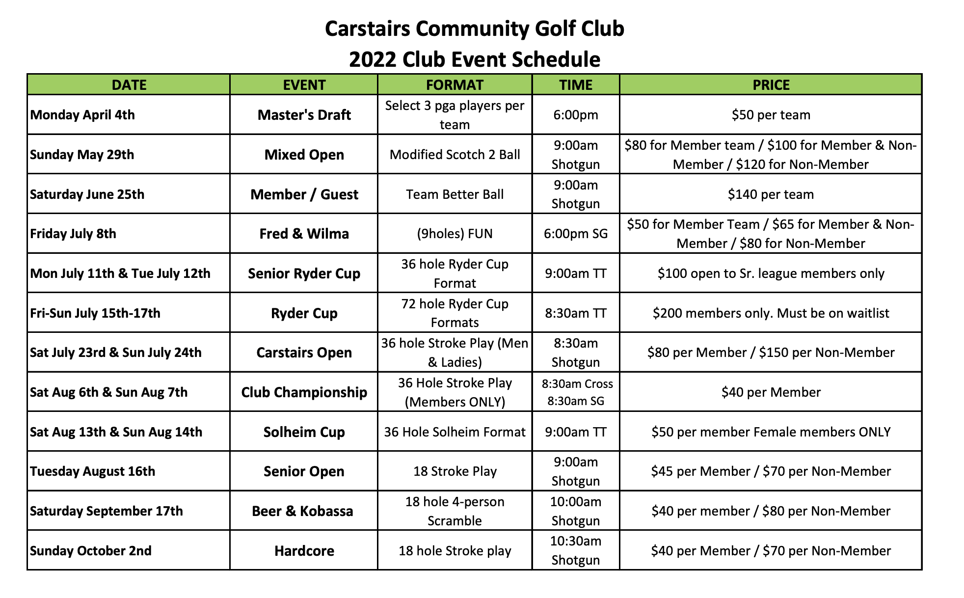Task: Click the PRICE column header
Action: pos(771,85)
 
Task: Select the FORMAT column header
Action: pos(455,85)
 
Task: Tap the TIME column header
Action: pos(576,85)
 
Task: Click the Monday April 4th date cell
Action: pos(82,115)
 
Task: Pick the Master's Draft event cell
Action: pos(304,115)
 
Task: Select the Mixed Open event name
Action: pos(304,155)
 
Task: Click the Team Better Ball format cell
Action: pos(455,194)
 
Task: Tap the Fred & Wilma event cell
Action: pos(304,234)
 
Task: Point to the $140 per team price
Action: pos(771,194)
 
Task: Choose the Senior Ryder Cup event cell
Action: pos(304,273)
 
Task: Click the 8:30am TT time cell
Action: pos(576,313)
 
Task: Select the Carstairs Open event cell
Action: pos(304,353)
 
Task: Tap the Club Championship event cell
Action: pos(304,392)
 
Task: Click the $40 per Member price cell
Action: pos(771,392)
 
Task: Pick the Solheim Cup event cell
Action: pos(304,432)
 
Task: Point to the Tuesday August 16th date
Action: pos(93,471)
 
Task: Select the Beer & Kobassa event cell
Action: pos(302,511)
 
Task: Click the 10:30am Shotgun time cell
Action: pos(576,550)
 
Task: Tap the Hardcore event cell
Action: pos(304,551)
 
